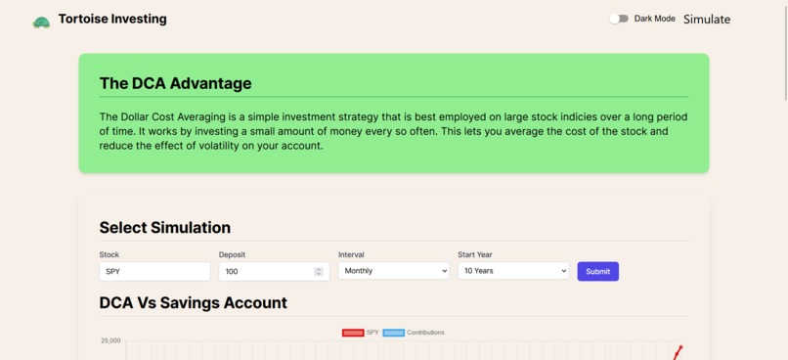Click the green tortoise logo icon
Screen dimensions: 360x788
[x=41, y=22]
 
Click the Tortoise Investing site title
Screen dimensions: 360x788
[x=112, y=19]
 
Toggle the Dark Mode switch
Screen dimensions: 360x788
[x=619, y=19]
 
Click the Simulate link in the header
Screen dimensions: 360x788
[x=706, y=19]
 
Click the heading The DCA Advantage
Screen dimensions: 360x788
[x=175, y=83]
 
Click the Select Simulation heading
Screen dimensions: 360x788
[x=164, y=227]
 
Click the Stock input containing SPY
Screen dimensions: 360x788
[x=154, y=271]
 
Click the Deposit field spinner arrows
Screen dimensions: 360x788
[x=319, y=271]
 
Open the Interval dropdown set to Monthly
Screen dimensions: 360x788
[x=393, y=271]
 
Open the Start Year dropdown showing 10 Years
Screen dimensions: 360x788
[x=512, y=271]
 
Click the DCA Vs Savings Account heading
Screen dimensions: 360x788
[x=193, y=302]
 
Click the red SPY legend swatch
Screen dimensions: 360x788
[x=353, y=333]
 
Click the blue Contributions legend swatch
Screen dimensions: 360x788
[x=394, y=333]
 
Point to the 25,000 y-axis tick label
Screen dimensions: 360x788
[x=110, y=340]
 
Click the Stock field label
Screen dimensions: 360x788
[x=109, y=254]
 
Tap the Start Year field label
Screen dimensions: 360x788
[x=475, y=254]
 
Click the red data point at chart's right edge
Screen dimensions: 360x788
[x=680, y=347]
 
